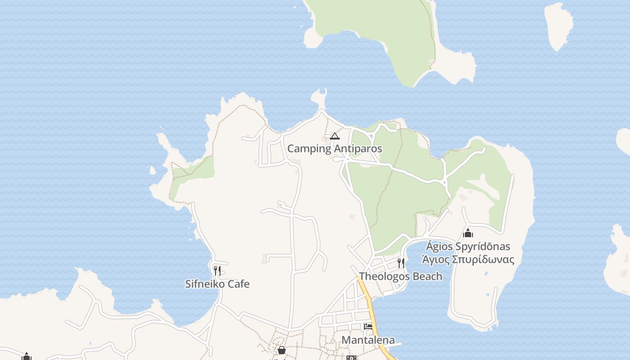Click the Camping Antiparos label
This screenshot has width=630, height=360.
tap(334, 148)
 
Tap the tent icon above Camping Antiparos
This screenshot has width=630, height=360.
tap(334, 136)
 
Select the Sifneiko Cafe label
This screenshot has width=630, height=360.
tap(217, 284)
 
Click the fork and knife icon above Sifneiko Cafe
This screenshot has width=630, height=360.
tap(217, 270)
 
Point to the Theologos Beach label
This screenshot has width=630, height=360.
tap(400, 276)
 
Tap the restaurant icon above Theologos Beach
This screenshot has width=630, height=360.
tap(400, 263)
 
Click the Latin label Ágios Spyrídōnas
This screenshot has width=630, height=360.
tap(468, 247)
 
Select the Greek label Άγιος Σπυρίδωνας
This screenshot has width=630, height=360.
tap(468, 260)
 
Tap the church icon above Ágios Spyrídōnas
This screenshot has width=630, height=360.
tap(468, 233)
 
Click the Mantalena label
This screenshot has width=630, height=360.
tap(368, 340)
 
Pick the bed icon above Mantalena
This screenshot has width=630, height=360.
tap(368, 327)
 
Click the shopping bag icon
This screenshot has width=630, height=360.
tap(282, 350)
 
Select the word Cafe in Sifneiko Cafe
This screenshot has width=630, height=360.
tap(238, 284)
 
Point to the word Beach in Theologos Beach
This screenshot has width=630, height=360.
tap(427, 276)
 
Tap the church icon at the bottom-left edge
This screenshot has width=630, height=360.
tap(27, 357)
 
